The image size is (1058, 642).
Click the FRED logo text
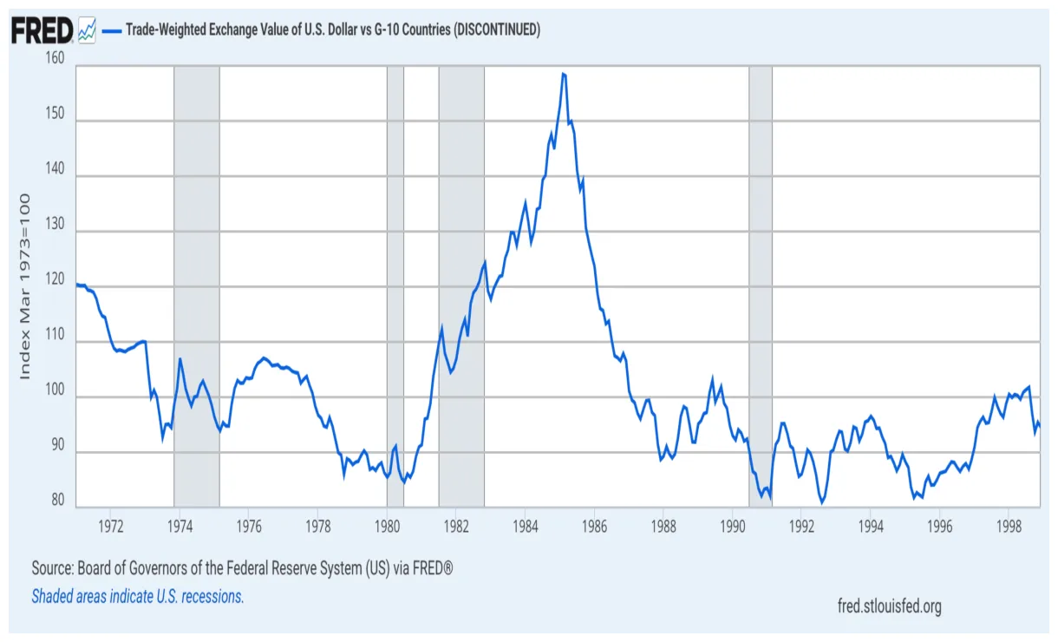click(41, 30)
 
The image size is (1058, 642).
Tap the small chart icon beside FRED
click(87, 30)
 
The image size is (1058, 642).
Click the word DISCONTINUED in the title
click(497, 30)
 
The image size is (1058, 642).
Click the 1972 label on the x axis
click(110, 526)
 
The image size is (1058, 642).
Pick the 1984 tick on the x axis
click(525, 526)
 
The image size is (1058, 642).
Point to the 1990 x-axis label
click(733, 526)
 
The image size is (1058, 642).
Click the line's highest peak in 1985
click(564, 74)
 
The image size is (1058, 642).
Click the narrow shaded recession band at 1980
click(395, 286)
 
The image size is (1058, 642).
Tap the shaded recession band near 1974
click(197, 286)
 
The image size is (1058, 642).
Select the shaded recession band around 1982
click(461, 286)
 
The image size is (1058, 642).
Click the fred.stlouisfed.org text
click(889, 606)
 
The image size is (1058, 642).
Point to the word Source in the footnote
click(51, 569)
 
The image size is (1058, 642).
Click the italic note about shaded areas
click(138, 596)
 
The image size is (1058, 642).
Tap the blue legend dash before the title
click(111, 30)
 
